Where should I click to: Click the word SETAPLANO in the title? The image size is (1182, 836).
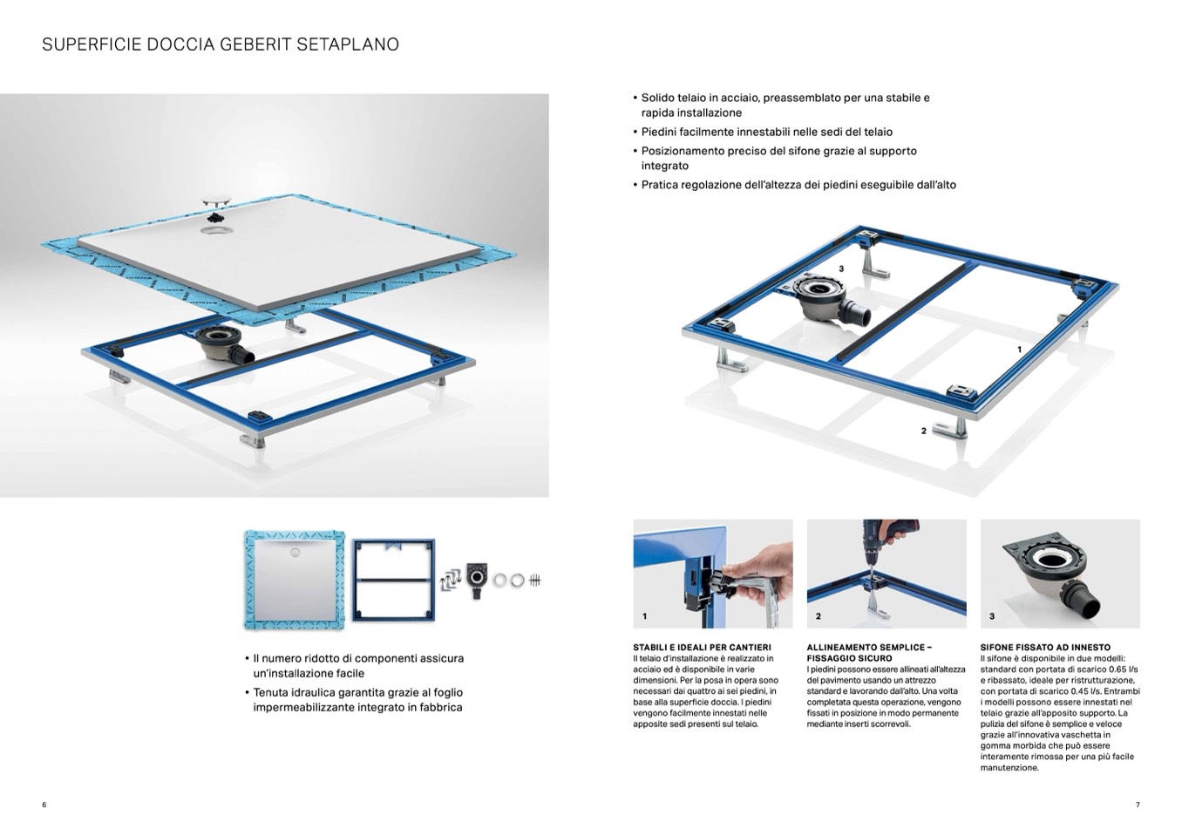(x=348, y=44)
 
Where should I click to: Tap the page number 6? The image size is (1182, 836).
(x=44, y=805)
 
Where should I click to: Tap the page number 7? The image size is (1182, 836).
(x=1138, y=805)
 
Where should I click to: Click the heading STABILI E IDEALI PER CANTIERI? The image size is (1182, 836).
(x=702, y=648)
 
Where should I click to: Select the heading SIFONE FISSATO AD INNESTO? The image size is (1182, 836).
(x=1045, y=648)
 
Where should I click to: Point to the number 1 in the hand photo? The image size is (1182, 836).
(x=644, y=616)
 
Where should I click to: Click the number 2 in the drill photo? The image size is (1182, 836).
(x=818, y=616)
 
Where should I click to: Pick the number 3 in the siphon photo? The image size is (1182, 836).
(x=991, y=616)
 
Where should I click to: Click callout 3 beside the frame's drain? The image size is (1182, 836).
(x=842, y=268)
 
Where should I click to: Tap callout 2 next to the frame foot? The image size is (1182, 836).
(x=923, y=431)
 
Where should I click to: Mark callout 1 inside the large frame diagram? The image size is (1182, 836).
(x=1020, y=350)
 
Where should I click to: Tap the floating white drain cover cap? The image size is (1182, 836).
(x=216, y=201)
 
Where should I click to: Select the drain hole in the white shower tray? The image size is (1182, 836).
(x=214, y=231)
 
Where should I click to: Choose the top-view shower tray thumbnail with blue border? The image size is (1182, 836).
(x=295, y=580)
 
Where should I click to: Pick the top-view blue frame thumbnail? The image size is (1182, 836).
(x=394, y=580)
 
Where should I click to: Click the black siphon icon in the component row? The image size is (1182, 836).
(x=477, y=581)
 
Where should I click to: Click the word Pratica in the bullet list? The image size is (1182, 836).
(x=659, y=185)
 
